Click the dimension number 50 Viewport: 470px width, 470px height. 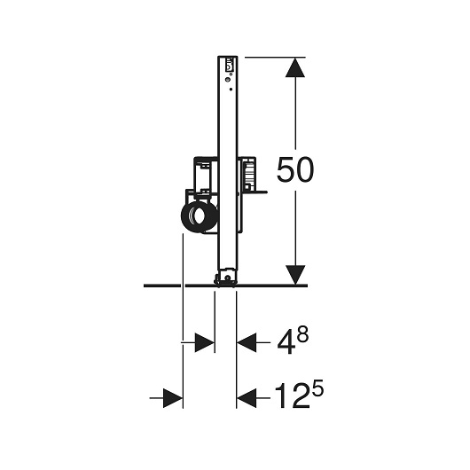[x=295, y=169]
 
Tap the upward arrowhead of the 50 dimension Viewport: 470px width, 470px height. [x=295, y=67]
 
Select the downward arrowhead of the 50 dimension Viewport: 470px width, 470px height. [x=295, y=275]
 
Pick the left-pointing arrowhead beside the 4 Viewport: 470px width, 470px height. [x=247, y=342]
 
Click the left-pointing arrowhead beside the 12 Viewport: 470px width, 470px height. [x=247, y=398]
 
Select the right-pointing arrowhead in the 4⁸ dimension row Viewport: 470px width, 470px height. [x=205, y=342]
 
